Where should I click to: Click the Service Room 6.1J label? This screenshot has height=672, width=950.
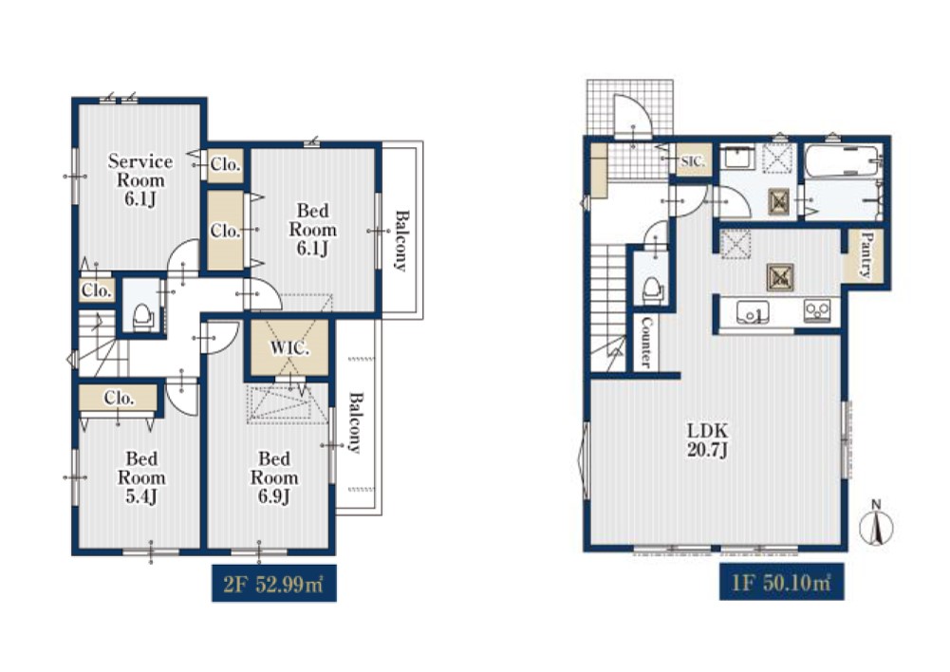[140, 180]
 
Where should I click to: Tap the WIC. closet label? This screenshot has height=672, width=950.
[289, 348]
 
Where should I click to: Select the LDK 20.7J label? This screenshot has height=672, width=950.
[707, 439]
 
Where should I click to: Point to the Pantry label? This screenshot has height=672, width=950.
[866, 254]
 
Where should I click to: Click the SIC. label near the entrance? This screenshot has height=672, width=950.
[693, 161]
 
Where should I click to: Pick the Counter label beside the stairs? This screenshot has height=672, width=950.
[646, 343]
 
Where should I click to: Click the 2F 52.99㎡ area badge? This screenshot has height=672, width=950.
[274, 584]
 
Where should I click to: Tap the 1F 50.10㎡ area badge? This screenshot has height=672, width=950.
[782, 583]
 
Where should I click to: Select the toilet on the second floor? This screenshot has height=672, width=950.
[143, 316]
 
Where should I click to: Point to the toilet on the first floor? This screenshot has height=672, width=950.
[652, 289]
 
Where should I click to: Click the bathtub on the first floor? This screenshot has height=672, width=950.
[843, 161]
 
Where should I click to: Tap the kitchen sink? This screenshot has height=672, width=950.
[753, 312]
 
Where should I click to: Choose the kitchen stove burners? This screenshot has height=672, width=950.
[817, 311]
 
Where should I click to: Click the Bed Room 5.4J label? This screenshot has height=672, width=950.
[141, 477]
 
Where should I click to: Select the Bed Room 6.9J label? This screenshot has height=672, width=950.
[274, 477]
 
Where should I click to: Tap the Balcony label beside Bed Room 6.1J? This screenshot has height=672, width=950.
[401, 240]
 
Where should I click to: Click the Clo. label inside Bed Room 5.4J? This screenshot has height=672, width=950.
[119, 398]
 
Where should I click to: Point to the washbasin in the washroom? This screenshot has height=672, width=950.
[736, 158]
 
